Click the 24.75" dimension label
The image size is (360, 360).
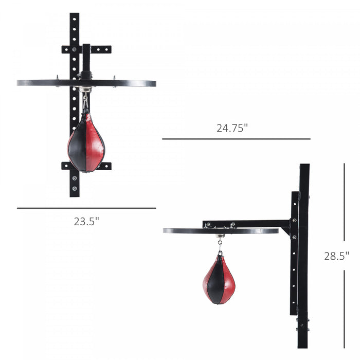pyautogui.click(x=232, y=128)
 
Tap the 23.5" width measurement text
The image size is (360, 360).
pyautogui.click(x=86, y=222)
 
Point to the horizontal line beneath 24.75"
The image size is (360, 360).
pyautogui.click(x=237, y=139)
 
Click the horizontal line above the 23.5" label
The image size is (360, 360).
pyautogui.click(x=86, y=208)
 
